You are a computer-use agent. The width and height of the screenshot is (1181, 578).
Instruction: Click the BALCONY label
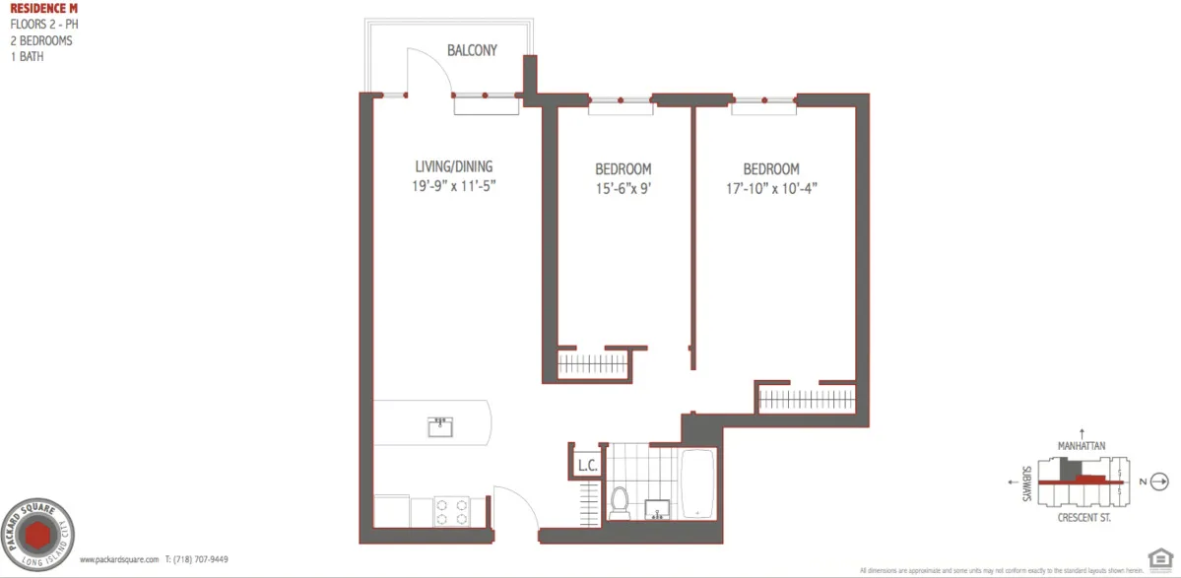(472, 51)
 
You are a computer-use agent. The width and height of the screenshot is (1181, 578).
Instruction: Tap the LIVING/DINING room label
(453, 166)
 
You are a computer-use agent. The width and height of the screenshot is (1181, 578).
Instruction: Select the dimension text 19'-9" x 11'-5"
(453, 185)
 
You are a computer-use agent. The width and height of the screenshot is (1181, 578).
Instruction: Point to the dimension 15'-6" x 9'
(623, 187)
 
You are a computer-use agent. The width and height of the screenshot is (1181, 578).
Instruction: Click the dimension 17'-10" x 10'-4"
(770, 187)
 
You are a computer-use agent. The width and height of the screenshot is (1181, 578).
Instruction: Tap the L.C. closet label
(587, 465)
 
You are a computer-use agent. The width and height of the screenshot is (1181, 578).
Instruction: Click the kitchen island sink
(440, 426)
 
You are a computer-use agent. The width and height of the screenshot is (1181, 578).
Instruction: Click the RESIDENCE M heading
(37, 9)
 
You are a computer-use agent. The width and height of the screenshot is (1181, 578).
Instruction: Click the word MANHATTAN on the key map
(1082, 446)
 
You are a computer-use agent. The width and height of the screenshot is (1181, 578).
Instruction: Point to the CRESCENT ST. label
(1083, 517)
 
